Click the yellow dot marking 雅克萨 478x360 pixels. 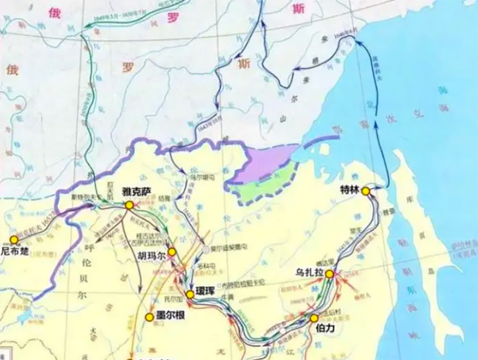pos(129,205)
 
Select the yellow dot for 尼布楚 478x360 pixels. pos(14,240)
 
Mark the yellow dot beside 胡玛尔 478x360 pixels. pos(172,252)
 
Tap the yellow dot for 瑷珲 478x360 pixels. pos(190,295)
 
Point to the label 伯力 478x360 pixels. pos(327,328)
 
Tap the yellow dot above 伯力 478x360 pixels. pos(314,318)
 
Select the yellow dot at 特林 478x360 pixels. pos(366,191)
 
